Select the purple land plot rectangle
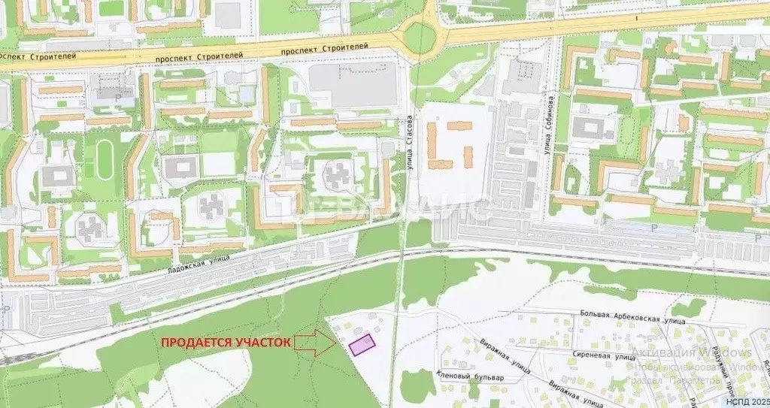pyautogui.click(x=362, y=345)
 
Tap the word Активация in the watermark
pyautogui.click(x=659, y=352)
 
